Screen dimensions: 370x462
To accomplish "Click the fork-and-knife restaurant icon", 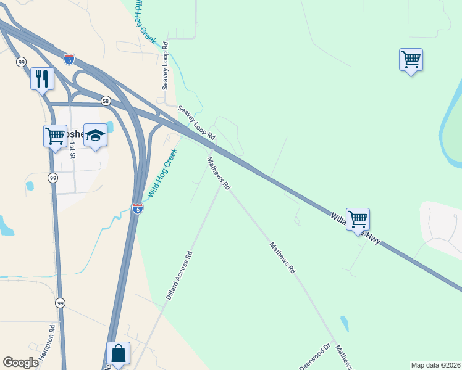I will coord(42,78).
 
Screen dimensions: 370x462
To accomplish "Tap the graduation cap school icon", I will coord(96,135).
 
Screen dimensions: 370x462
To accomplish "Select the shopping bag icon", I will coord(118,353).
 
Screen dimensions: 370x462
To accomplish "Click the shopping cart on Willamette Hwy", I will coord(358,219).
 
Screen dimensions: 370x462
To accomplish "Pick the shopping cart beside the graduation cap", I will coord(55,135).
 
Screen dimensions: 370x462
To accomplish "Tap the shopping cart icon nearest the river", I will coord(411,60).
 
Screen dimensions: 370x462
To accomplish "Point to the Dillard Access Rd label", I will coord(179,275).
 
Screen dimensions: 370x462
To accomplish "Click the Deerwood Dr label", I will coord(315,356).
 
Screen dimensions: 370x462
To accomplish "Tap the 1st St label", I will coord(72,150).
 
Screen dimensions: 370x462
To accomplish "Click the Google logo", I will coord(20,362).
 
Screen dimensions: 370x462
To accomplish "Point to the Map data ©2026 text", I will coord(435,365).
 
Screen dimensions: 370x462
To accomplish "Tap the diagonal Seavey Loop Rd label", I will coord(196,122).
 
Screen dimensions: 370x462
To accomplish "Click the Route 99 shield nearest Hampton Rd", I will coord(60,303).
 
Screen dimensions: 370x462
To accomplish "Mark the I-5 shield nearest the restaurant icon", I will coord(69,59).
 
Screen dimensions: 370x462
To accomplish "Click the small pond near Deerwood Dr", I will coord(344,323).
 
